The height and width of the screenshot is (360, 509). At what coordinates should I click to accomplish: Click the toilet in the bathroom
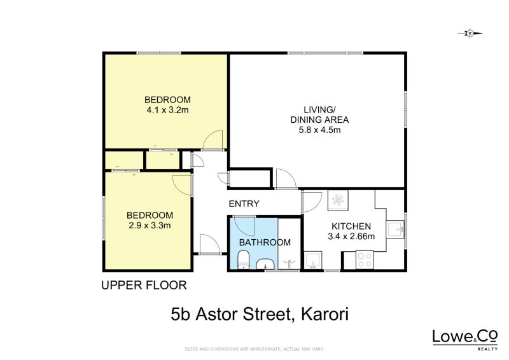tap(242, 260)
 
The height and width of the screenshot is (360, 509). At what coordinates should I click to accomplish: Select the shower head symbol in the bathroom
tap(290, 262)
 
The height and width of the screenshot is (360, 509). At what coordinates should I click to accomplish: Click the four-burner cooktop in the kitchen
tap(365, 260)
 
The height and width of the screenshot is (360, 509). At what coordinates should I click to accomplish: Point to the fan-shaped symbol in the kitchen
tap(337, 201)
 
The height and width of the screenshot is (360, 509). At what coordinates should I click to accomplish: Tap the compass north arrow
tap(470, 33)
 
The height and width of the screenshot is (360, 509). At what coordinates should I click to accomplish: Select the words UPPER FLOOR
tap(144, 286)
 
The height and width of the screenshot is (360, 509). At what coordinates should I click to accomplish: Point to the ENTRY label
tap(244, 204)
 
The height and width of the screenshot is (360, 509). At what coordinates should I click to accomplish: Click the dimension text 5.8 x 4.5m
tap(319, 130)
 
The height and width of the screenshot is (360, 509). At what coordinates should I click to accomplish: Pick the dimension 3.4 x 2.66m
tap(351, 237)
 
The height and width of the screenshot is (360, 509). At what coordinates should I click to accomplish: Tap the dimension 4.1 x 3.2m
tap(167, 110)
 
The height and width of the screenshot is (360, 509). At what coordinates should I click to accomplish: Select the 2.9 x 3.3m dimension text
tap(150, 225)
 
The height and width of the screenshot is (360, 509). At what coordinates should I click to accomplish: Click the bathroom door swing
tap(244, 226)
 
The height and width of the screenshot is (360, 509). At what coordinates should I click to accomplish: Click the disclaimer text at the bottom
tap(254, 349)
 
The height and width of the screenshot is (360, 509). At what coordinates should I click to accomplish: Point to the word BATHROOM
tap(265, 242)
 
